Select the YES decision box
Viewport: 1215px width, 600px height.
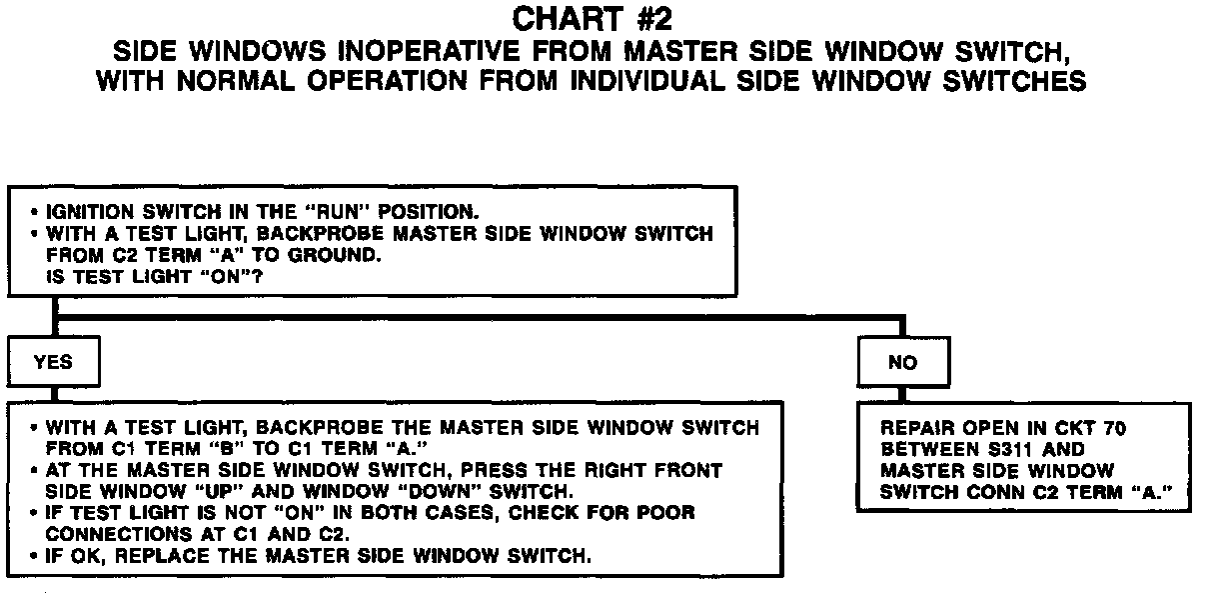point(53,362)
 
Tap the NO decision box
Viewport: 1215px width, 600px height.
point(902,363)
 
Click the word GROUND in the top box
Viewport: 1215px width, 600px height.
point(324,256)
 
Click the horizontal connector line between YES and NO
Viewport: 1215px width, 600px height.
point(480,319)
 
